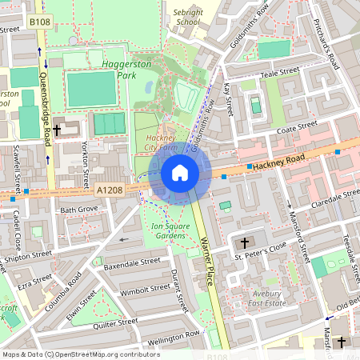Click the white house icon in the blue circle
180,173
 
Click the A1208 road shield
110,190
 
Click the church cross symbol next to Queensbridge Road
57,128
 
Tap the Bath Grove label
78,209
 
